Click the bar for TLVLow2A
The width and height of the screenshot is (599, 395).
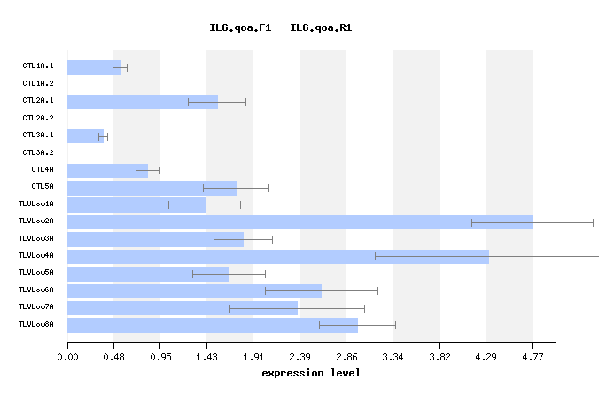(299, 222)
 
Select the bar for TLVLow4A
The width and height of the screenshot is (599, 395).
(278, 257)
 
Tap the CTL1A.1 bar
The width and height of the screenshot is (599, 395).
(94, 67)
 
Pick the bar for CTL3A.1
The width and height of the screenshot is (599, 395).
(85, 136)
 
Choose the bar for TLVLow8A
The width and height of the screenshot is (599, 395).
(213, 326)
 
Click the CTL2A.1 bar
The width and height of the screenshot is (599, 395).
(143, 102)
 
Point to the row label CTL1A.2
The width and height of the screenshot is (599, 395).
(38, 83)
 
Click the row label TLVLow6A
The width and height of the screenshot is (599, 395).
(36, 290)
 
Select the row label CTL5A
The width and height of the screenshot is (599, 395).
(43, 187)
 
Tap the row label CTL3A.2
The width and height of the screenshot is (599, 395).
(38, 152)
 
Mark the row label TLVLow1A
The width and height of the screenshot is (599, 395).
(36, 204)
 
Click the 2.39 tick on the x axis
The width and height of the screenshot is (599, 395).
(299, 357)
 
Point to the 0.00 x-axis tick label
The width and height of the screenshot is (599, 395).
(67, 357)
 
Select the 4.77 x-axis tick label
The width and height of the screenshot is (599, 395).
(532, 357)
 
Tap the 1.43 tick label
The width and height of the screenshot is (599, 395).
(206, 357)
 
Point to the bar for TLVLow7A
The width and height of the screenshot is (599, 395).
(183, 308)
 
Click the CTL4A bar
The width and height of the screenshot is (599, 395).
(107, 171)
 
